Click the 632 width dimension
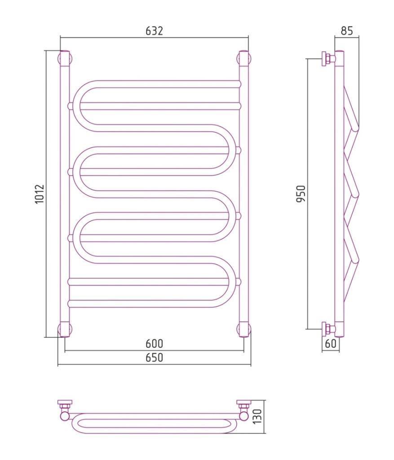coord(154,31)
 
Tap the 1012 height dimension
coord(40,194)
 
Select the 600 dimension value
coord(154,343)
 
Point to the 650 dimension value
coord(154,358)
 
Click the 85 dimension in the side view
coord(347,31)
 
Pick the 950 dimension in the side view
coord(301,194)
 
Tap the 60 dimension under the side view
coord(331,343)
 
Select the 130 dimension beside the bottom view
coord(257,416)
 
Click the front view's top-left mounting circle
coord(65,58)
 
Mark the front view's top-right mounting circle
coord(244,58)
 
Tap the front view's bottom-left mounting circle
coord(65,329)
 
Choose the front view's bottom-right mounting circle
coord(244,329)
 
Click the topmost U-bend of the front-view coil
coord(77,103)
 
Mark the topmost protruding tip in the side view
coord(355,128)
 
